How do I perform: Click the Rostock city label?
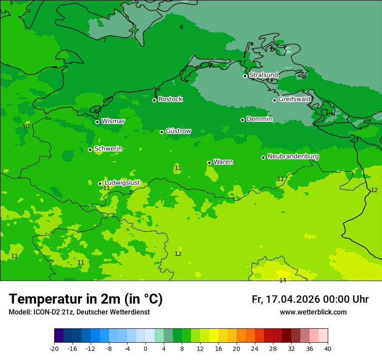pos(170,99)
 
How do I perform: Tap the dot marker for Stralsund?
pos(245,76)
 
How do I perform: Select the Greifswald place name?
pos(294,99)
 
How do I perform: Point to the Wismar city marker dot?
pos(97,122)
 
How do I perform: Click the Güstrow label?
pos(178,131)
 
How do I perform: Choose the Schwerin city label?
pos(108,149)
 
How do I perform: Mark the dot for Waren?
pos(209,163)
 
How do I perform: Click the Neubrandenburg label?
pos(293,157)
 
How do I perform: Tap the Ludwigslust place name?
pos(122,183)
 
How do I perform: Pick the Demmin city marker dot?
pos(242,120)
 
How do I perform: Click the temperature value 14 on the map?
pos(283,280)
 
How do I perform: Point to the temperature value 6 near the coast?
pos(181,27)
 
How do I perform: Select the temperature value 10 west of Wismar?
pos(26,126)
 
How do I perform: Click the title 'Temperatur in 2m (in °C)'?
pos(86,299)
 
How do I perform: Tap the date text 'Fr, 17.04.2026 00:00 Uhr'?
pos(310,299)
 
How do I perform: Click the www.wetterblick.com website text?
pos(313,312)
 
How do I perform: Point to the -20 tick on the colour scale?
pos(54,348)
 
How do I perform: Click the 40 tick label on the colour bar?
pos(327,348)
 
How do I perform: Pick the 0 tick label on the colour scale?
pos(145,348)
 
